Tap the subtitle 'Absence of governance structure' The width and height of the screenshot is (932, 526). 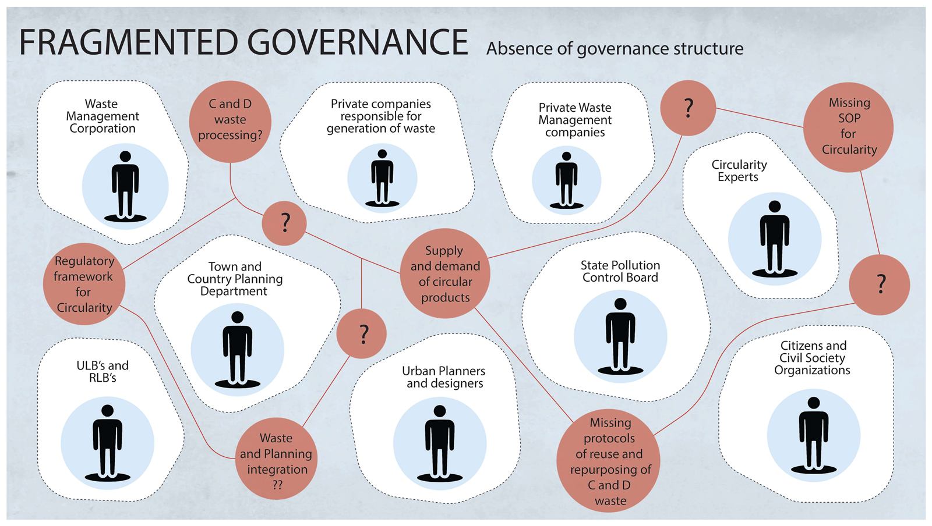click(x=615, y=49)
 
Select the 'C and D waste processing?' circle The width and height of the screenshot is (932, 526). click(x=230, y=122)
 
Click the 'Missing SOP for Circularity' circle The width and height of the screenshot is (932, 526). click(x=848, y=127)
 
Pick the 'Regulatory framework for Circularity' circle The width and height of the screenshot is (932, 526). click(x=84, y=284)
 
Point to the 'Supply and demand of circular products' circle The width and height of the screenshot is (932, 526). click(x=445, y=273)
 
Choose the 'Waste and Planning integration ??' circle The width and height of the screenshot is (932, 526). click(x=276, y=459)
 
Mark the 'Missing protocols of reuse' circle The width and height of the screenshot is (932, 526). click(x=608, y=460)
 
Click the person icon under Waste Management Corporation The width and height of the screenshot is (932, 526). click(x=125, y=185)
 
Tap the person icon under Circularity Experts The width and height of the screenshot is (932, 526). click(x=774, y=239)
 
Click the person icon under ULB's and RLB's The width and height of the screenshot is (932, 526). click(x=107, y=443)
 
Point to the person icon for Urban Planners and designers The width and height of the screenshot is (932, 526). click(x=440, y=443)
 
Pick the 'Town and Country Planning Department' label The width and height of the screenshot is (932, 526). click(x=235, y=279)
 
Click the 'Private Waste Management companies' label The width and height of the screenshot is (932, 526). click(x=575, y=120)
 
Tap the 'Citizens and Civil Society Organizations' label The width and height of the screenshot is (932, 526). click(x=812, y=358)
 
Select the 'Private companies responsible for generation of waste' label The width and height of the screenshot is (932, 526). click(x=381, y=116)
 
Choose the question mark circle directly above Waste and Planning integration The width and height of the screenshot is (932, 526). click(x=361, y=333)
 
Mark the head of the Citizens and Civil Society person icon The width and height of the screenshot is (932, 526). click(x=813, y=403)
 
